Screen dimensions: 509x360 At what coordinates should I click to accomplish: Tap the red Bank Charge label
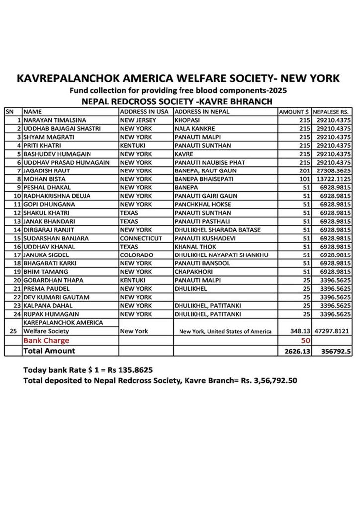pos(45,341)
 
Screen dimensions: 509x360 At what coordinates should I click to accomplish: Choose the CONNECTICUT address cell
pos(141,238)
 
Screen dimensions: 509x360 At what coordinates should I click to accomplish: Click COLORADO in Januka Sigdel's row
pos(136,255)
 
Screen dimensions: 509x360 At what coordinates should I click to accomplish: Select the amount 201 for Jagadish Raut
pos(305,170)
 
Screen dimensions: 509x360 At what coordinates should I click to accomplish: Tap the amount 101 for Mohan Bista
pos(305,179)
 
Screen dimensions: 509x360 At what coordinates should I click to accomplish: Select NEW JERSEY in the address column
pos(138,120)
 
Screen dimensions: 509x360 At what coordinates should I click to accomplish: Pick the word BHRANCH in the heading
pos(251,102)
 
